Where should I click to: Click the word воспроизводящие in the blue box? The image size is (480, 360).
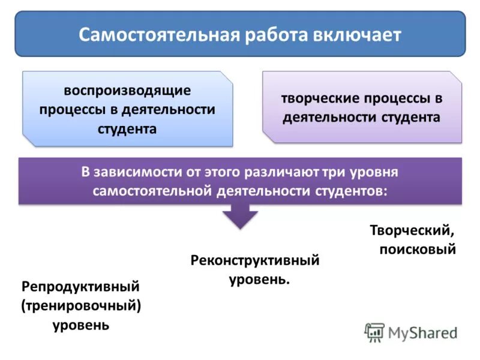click(x=127, y=91)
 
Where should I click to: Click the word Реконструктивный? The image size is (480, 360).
click(x=255, y=260)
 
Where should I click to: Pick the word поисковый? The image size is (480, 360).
click(x=418, y=248)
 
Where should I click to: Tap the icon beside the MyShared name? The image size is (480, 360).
click(x=374, y=332)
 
